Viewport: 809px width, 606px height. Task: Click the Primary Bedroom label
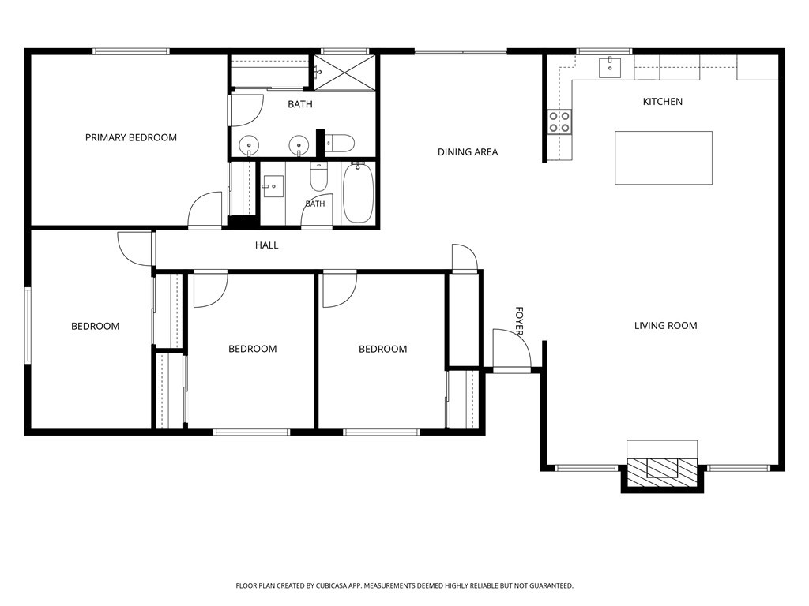point(131,137)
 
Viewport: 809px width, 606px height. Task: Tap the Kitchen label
point(663,102)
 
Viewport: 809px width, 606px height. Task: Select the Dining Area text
point(468,152)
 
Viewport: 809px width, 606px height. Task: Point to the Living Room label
point(665,326)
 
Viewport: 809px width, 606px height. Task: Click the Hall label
point(267,245)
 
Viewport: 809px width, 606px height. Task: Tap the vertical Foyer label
point(520,321)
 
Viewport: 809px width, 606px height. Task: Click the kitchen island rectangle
point(664,158)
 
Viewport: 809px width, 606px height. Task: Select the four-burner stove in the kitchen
point(559,122)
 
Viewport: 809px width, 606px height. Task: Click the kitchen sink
point(610,68)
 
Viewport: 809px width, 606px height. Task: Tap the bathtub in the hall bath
point(358,193)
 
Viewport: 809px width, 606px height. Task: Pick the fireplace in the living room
point(662,467)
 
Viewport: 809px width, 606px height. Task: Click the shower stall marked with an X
point(345,73)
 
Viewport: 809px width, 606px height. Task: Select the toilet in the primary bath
point(339,143)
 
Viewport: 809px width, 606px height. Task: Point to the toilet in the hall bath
point(318,177)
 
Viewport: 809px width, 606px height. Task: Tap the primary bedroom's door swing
point(205,209)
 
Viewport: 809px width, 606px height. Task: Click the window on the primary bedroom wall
point(131,51)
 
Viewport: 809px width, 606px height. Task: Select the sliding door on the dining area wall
point(461,51)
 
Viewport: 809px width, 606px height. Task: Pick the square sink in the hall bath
point(273,186)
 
